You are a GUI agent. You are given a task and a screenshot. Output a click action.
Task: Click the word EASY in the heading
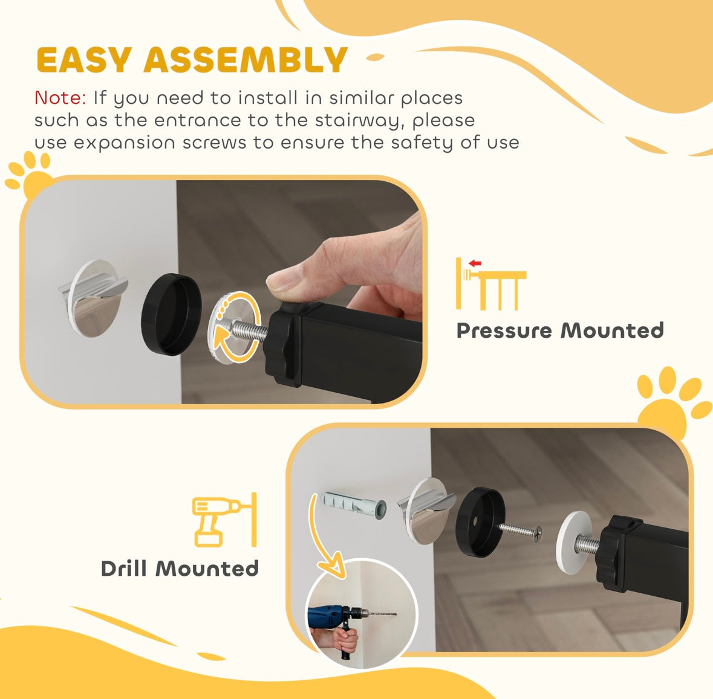pos(83,60)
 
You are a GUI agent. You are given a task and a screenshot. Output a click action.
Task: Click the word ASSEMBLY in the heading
pos(245,60)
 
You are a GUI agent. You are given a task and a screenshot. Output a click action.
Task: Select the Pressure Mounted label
pos(560,330)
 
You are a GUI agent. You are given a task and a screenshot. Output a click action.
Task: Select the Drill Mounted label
pos(180,569)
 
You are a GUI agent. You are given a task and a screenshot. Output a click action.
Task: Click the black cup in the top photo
pos(171,314)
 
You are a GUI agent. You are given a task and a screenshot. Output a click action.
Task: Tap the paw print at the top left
pos(30,173)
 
